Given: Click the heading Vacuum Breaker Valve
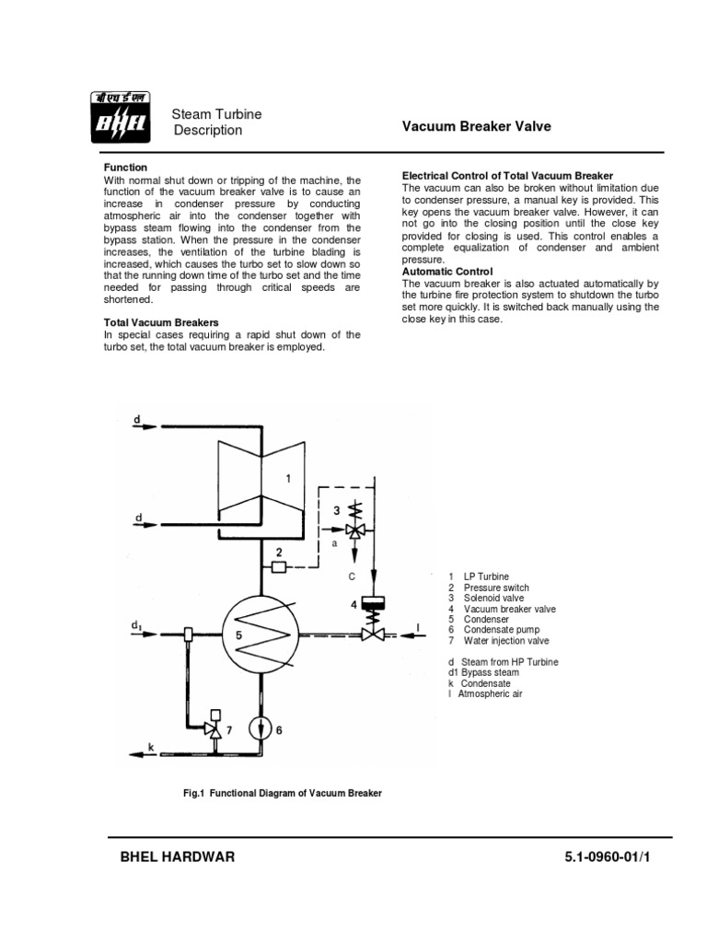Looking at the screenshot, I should coord(477,126).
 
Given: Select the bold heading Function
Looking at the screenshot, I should coord(124,167).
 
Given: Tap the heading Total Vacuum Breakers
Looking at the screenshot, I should coord(160,323).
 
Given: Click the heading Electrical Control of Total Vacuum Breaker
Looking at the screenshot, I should coord(508,175).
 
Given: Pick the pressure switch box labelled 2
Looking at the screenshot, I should coord(280,566).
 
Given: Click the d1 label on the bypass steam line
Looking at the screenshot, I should coord(136,625).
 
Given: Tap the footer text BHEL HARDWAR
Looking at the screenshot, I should coord(178,856).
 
